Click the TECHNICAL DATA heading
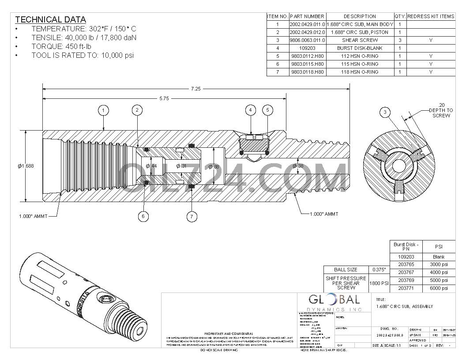point(50,19)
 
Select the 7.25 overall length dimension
point(195,89)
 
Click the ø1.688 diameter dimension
point(26,166)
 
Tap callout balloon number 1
point(103,110)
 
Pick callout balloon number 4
point(251,110)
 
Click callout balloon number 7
point(192,216)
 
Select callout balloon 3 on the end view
point(385,112)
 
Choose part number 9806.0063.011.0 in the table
point(307,40)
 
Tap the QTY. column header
point(400,16)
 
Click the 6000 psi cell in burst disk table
point(438,288)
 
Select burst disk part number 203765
point(406,264)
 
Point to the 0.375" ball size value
point(379,270)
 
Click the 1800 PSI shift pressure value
point(379,283)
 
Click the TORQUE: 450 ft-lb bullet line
point(61,46)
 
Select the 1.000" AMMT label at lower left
point(33,216)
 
